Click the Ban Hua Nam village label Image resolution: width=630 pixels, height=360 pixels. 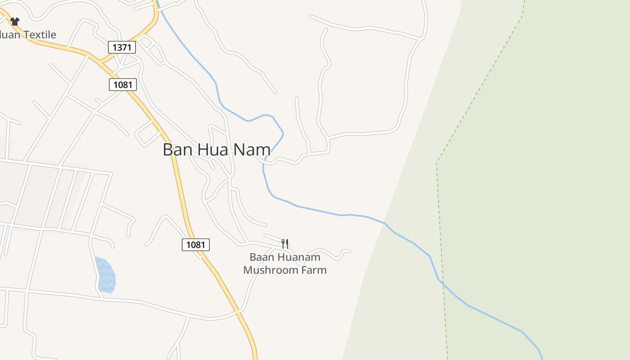[x=216, y=149]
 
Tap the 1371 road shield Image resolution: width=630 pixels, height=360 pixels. [x=122, y=47]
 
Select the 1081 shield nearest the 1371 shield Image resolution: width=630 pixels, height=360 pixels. [x=122, y=85]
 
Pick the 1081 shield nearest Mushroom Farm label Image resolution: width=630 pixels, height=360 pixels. [x=196, y=245]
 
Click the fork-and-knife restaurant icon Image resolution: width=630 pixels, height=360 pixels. [x=285, y=244]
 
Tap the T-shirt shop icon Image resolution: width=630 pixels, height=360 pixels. [x=15, y=21]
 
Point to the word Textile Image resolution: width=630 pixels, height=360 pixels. [x=40, y=35]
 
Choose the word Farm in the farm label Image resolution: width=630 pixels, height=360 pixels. [x=315, y=270]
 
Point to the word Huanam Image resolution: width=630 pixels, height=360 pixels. [x=299, y=257]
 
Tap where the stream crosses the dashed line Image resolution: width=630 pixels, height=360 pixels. [x=442, y=282]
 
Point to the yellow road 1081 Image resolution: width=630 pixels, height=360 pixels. [x=180, y=189]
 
